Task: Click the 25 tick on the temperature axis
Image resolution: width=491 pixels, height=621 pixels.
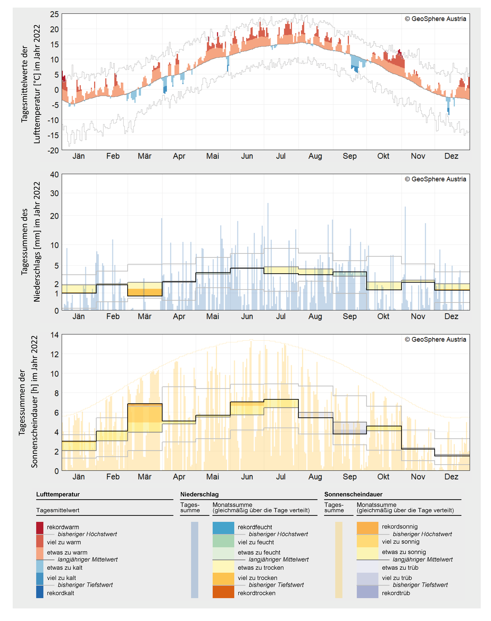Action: tap(54, 14)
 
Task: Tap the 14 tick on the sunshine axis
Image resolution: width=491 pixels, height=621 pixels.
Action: tap(54, 335)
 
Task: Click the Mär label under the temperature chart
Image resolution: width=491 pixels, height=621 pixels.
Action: tap(144, 156)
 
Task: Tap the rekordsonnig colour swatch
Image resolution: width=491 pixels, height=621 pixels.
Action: tap(367, 528)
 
